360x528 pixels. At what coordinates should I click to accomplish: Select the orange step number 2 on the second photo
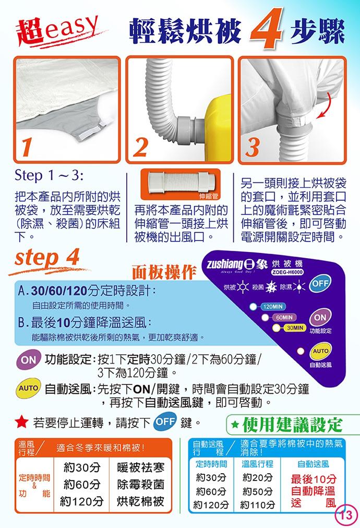pyautogui.click(x=140, y=147)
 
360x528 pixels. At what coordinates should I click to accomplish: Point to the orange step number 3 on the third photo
pyautogui.click(x=253, y=147)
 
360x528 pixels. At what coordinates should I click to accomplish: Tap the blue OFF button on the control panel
pyautogui.click(x=320, y=283)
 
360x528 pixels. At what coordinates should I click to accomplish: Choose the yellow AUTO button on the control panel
pyautogui.click(x=320, y=351)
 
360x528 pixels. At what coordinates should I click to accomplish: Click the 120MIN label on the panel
pyautogui.click(x=273, y=306)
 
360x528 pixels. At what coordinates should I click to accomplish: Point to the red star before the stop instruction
pyautogui.click(x=21, y=422)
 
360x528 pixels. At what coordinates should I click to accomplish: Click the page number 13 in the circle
pyautogui.click(x=346, y=514)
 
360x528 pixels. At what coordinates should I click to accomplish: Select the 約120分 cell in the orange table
pyautogui.click(x=81, y=501)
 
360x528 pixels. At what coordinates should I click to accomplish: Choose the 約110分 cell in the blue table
pyautogui.click(x=258, y=505)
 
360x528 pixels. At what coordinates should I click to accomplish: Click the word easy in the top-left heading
pyautogui.click(x=71, y=28)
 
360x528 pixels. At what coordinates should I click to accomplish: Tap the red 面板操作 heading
pyautogui.click(x=164, y=272)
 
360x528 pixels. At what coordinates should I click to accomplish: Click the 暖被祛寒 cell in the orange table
pyautogui.click(x=140, y=467)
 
